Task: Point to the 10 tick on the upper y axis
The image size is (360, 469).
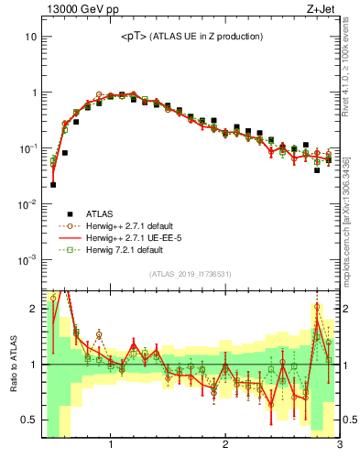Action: point(30,38)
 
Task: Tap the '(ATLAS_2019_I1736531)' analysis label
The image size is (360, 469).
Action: point(191,274)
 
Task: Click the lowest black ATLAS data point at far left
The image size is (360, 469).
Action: point(53,184)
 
